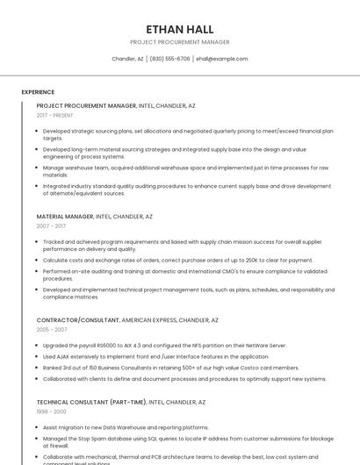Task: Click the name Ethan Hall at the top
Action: [179, 29]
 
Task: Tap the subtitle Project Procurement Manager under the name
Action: [179, 42]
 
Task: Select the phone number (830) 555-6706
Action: [169, 59]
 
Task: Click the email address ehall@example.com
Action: [221, 59]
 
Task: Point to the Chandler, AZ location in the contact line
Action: [127, 59]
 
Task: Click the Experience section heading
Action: [38, 91]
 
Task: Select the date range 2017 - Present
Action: [54, 115]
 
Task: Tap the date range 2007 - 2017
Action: [51, 225]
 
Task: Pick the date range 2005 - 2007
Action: [52, 329]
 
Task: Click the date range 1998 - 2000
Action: [51, 411]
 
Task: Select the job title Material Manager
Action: [65, 216]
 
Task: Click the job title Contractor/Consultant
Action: [77, 320]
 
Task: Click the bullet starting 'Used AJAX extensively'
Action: [156, 356]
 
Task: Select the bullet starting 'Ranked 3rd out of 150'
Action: [171, 368]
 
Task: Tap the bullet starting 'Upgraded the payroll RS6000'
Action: [164, 345]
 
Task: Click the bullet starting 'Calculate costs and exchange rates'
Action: [177, 260]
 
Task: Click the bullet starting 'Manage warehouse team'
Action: [185, 171]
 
